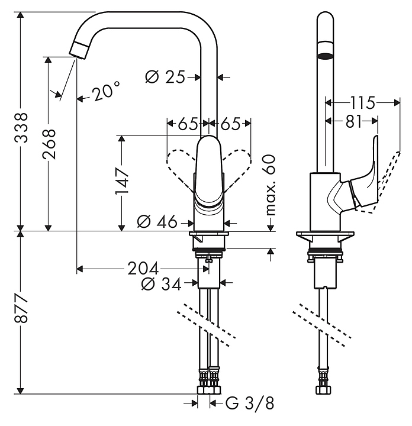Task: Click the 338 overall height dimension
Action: point(21,128)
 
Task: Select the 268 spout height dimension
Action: point(49,144)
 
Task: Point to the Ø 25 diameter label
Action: point(165,77)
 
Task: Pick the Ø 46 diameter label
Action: point(157,221)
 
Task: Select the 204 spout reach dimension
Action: point(143,269)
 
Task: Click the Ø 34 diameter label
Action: point(161,284)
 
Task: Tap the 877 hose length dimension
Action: point(21,308)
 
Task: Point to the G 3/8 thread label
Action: point(250,403)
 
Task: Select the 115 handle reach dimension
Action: point(362,103)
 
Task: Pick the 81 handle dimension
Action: point(355,121)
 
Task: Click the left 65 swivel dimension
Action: point(188,124)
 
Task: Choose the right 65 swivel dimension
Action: point(230,124)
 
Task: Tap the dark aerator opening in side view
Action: point(326,56)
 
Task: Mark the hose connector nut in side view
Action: point(323,390)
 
